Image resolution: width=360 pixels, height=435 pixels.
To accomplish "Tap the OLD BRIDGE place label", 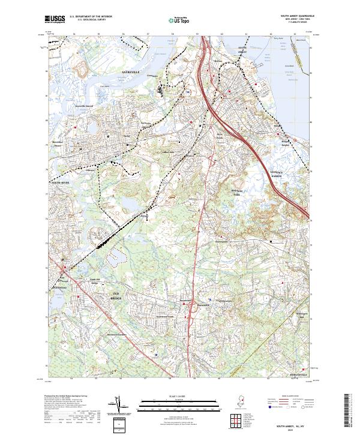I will [116, 296].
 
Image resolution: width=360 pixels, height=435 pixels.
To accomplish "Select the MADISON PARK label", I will [223, 194].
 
